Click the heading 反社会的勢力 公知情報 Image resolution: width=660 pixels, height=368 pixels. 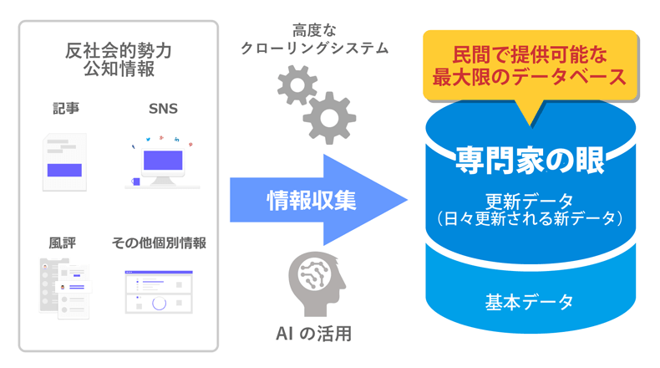(x=119, y=59)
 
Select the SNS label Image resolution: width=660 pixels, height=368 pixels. (x=163, y=110)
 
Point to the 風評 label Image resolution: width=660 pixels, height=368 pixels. (x=63, y=243)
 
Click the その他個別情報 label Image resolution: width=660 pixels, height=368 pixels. (x=159, y=243)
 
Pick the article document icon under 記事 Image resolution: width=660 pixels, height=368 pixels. (x=64, y=161)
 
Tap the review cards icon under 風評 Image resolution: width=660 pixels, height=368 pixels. (x=64, y=289)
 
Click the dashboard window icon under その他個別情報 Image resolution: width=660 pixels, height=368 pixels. (x=159, y=291)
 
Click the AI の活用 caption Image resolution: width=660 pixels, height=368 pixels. (x=313, y=334)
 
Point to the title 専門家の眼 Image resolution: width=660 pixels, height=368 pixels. (x=530, y=161)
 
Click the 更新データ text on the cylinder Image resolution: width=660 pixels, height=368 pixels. (x=530, y=201)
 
